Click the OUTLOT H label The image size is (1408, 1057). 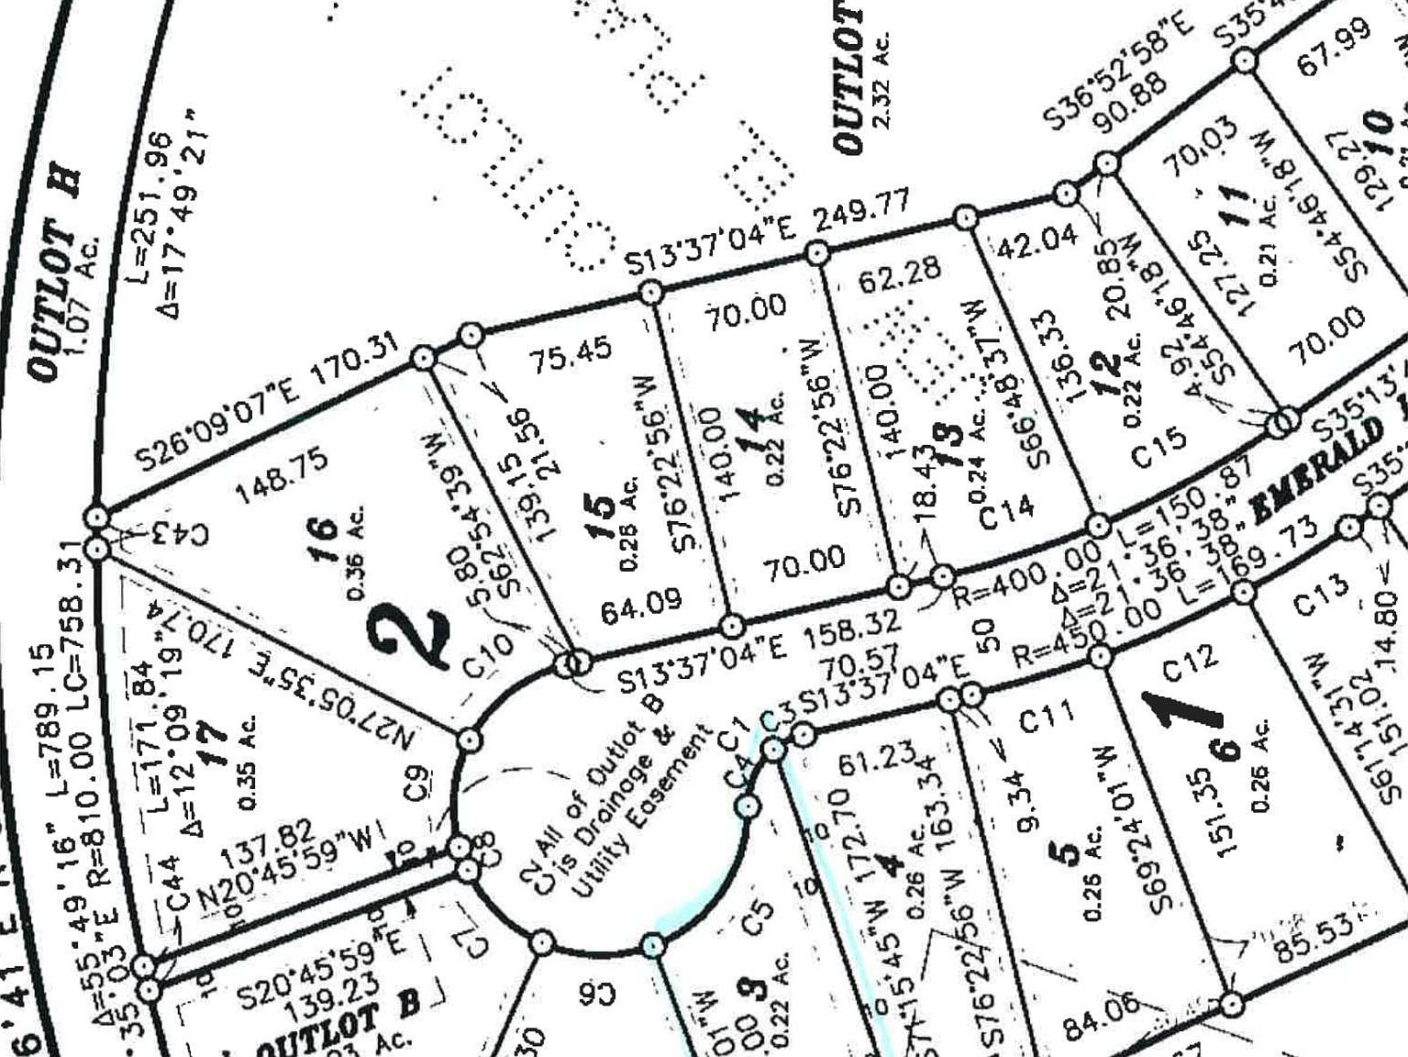tap(56, 275)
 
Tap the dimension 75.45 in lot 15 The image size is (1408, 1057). tap(571, 353)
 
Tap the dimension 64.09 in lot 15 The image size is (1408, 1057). tap(642, 605)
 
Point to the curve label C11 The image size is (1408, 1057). tap(1047, 716)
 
